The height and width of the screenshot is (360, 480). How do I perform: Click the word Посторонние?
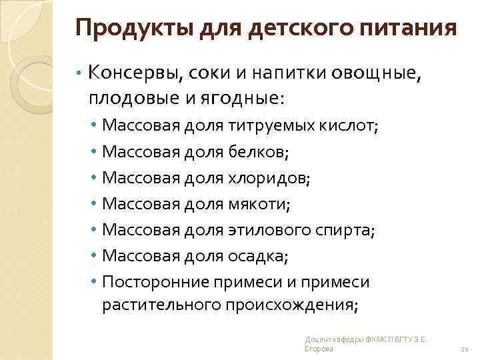tap(156, 282)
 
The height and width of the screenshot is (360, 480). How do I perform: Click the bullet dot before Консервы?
tap(79, 72)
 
